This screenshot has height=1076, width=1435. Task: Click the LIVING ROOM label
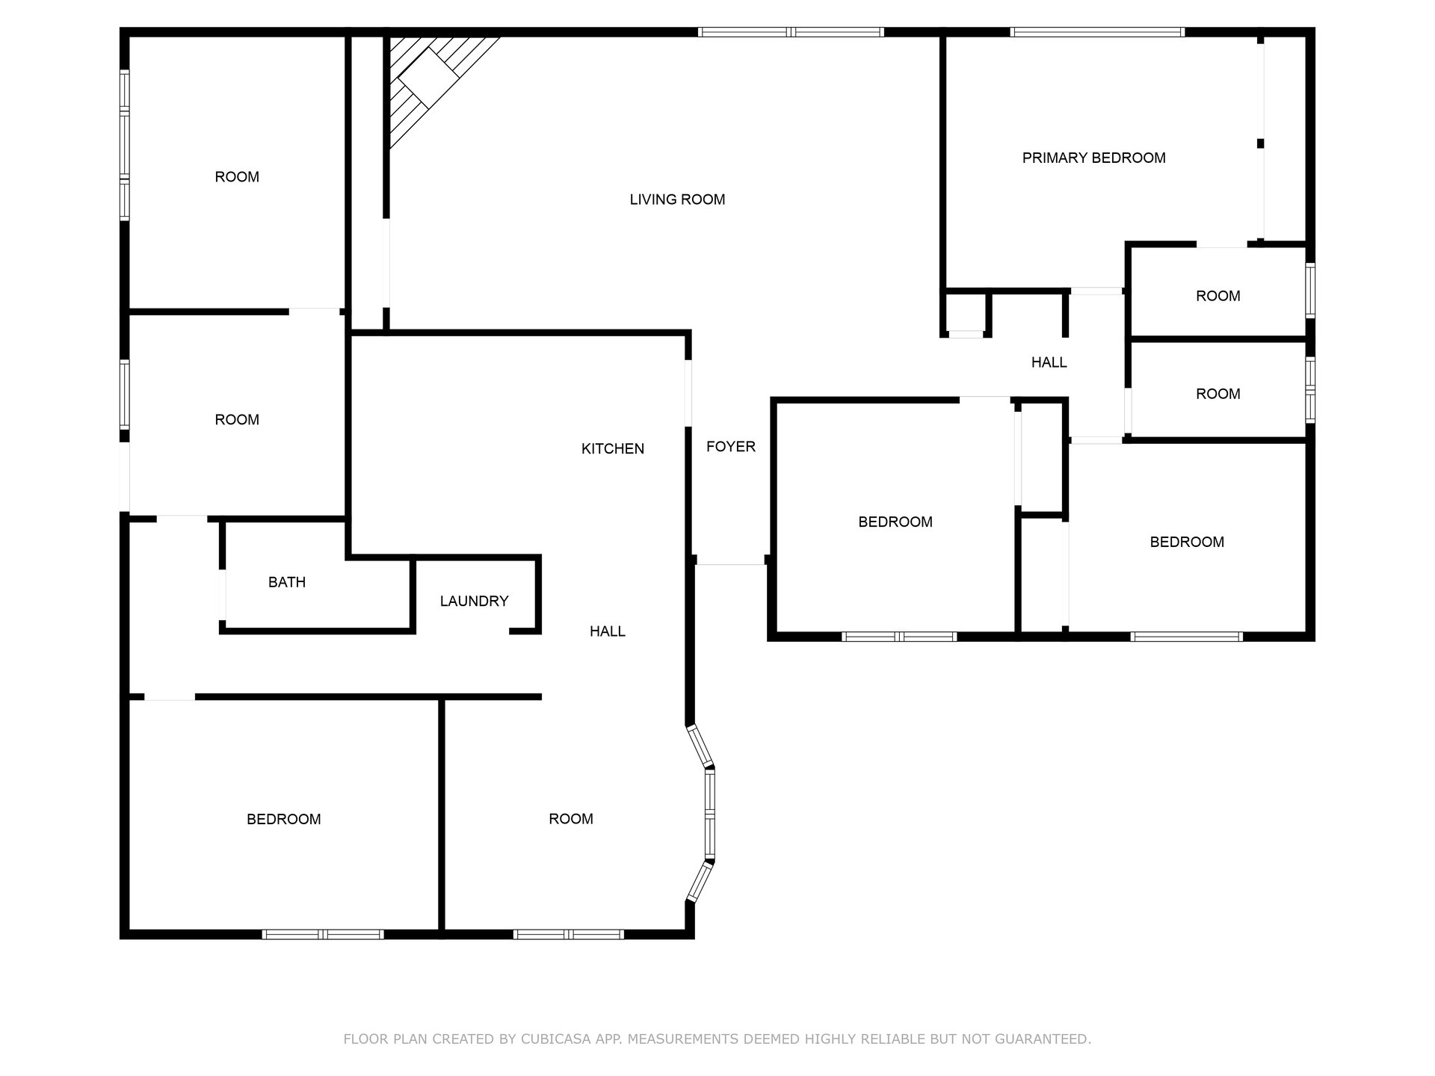click(x=677, y=200)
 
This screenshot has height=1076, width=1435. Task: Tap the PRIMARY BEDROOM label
click(x=1093, y=158)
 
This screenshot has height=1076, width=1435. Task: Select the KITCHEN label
click(x=613, y=448)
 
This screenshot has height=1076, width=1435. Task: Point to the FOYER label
click(x=731, y=446)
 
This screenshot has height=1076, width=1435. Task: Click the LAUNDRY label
click(x=474, y=601)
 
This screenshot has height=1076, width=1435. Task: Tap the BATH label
click(x=287, y=582)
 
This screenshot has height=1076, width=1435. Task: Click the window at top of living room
click(x=791, y=32)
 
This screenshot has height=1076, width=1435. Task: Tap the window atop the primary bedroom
click(x=1097, y=32)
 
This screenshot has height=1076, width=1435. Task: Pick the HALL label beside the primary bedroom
click(x=1049, y=362)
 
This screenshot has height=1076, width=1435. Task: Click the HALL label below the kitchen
click(x=608, y=631)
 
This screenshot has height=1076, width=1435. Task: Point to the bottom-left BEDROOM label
click(x=284, y=819)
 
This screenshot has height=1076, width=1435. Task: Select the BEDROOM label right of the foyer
click(x=895, y=522)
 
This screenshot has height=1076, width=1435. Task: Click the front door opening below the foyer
click(x=731, y=564)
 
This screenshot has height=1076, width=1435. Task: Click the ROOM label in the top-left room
click(x=237, y=177)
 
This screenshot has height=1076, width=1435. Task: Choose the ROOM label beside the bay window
click(x=571, y=819)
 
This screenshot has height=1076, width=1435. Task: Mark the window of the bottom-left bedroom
click(x=323, y=934)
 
